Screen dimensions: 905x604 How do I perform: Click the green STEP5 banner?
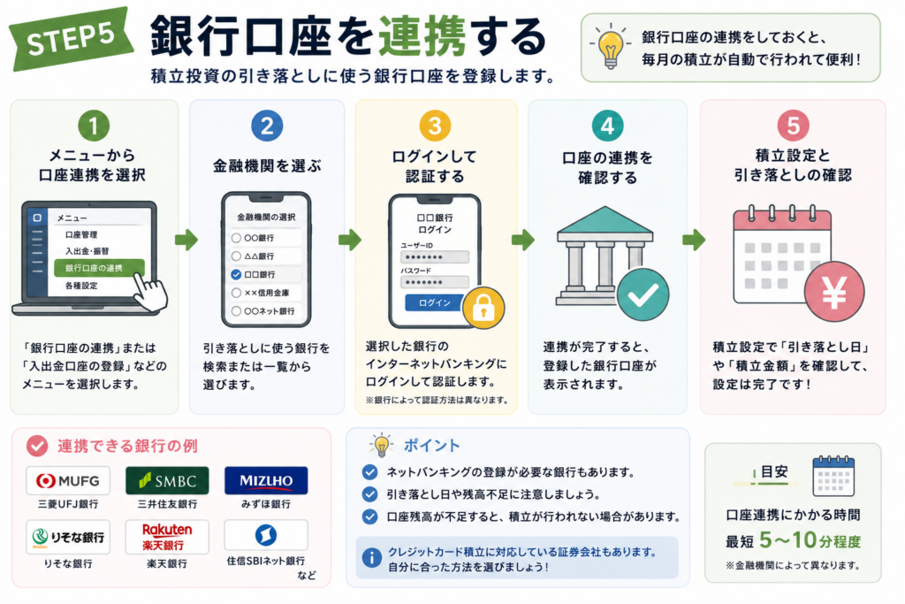(x=71, y=38)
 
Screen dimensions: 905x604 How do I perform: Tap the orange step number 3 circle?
(x=435, y=126)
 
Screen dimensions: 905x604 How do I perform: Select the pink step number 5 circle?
(x=793, y=126)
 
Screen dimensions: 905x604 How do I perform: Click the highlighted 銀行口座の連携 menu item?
(x=99, y=268)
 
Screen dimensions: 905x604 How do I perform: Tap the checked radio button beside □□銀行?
(x=236, y=274)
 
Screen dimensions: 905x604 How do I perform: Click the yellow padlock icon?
(x=483, y=308)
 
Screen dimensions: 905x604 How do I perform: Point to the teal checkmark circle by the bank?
(x=643, y=294)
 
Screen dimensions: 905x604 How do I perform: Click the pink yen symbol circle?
(x=834, y=292)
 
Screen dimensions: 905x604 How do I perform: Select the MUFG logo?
(x=67, y=480)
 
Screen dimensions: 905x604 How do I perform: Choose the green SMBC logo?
(x=167, y=480)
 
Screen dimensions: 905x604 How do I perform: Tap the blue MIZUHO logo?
(x=266, y=480)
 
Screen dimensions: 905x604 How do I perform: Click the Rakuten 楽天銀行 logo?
(x=167, y=537)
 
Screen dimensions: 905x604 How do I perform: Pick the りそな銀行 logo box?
(x=67, y=537)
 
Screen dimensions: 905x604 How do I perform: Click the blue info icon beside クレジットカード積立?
(x=371, y=558)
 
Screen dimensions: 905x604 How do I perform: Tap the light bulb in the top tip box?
(x=610, y=47)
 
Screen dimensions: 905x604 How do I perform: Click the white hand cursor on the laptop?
(x=150, y=292)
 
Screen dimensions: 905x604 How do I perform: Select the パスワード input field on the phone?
(x=435, y=282)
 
